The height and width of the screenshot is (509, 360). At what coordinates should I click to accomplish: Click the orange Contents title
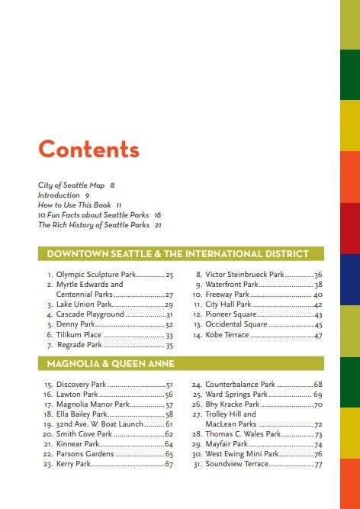point(88,150)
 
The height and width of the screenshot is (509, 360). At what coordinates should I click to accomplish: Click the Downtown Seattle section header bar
point(181,253)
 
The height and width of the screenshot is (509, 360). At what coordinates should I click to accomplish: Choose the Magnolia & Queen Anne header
point(111,363)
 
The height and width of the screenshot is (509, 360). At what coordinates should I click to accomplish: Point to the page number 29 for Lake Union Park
point(169,304)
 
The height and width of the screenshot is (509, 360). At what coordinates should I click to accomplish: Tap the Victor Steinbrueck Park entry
point(244,274)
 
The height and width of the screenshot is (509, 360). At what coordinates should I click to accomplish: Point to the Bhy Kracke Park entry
point(236,404)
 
